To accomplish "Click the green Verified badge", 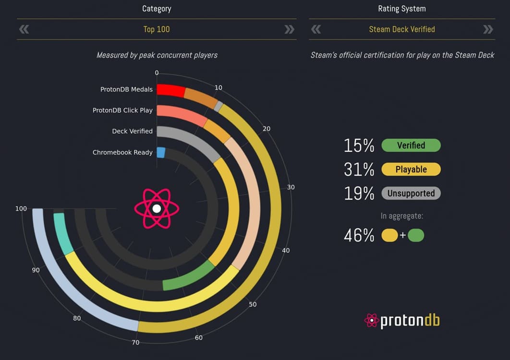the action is pos(411,145).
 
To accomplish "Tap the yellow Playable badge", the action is pos(411,169).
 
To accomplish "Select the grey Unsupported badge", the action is pos(411,193).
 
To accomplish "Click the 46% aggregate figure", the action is pos(359,235).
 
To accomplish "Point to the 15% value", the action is pos(359,145).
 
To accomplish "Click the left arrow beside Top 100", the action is pos(24,29).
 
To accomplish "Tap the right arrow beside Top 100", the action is pos(289,29).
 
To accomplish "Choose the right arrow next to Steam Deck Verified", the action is pos(488,29).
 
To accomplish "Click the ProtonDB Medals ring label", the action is pos(126,89).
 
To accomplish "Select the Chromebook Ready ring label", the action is pos(122,152).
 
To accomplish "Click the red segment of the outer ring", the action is pos(170,90).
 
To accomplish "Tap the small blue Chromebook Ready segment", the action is pos(161,153).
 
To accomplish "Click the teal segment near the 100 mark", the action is pos(62,233).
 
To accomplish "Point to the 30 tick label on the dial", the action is pos(291,187).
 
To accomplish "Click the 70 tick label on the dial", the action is pos(135,342).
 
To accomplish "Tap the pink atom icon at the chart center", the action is pos(157,208).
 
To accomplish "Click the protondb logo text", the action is pos(410,320).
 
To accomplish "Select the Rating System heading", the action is pos(401,9).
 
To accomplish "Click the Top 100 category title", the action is pos(157,29).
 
